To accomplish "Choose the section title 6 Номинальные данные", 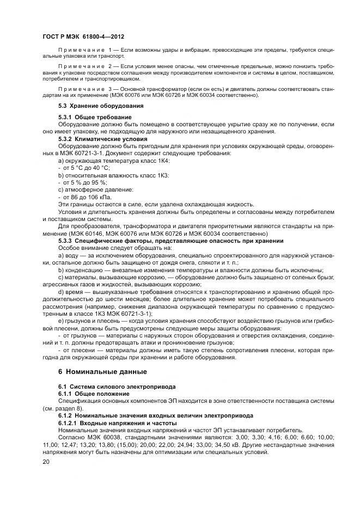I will pos(102,372).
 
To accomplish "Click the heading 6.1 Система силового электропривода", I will pos(117,387).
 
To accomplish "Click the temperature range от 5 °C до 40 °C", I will pos(83,168).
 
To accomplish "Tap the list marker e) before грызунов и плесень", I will pos(60,321).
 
